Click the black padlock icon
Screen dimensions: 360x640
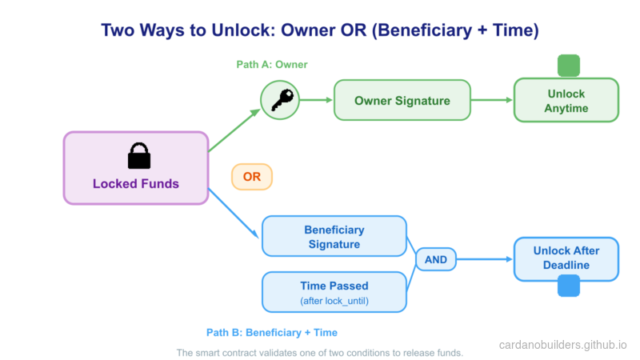coord(138,156)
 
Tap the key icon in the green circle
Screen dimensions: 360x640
coord(280,101)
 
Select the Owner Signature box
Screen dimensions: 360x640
coord(402,101)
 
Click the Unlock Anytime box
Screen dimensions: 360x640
coord(566,101)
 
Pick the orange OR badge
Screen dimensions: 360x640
coord(252,177)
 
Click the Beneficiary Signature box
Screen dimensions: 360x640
coord(334,237)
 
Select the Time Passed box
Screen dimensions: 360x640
coord(334,292)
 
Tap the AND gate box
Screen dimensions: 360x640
coord(436,260)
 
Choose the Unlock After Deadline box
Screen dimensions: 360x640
coord(566,258)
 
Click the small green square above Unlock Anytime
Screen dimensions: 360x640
coord(568,66)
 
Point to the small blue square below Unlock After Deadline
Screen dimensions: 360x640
coord(568,286)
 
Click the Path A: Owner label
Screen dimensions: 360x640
coord(271,64)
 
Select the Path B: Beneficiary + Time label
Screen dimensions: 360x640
coord(272,332)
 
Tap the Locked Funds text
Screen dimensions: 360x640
coord(135,184)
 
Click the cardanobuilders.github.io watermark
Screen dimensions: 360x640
coord(562,346)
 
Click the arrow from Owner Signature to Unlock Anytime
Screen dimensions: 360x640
coord(491,101)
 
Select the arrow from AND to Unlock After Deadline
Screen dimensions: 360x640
coord(483,260)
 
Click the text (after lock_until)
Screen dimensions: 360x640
coord(334,301)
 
